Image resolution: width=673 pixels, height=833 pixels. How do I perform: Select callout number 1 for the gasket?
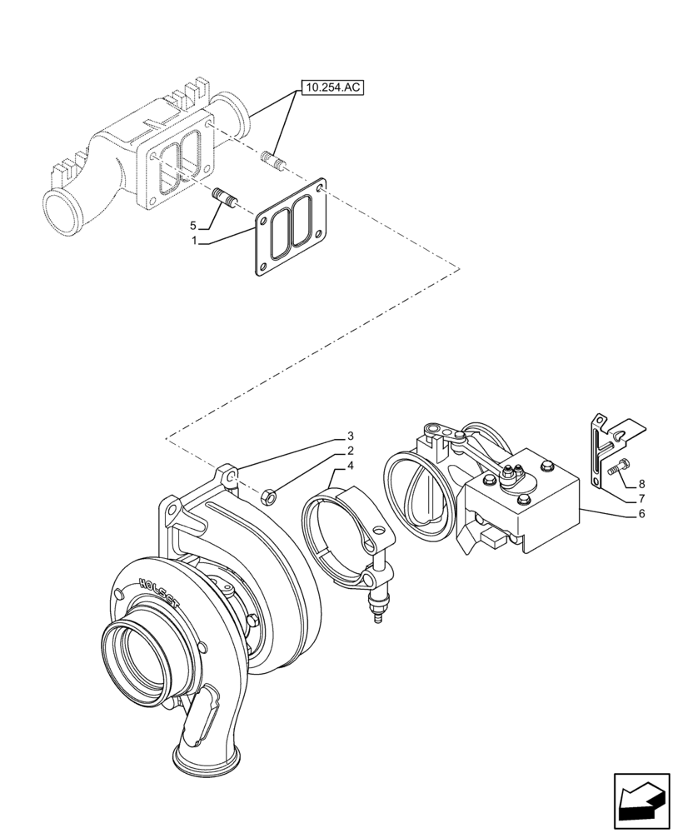point(194,241)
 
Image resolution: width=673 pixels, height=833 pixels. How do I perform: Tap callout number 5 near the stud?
point(192,226)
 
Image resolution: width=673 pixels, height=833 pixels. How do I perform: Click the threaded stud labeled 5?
point(224,201)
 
